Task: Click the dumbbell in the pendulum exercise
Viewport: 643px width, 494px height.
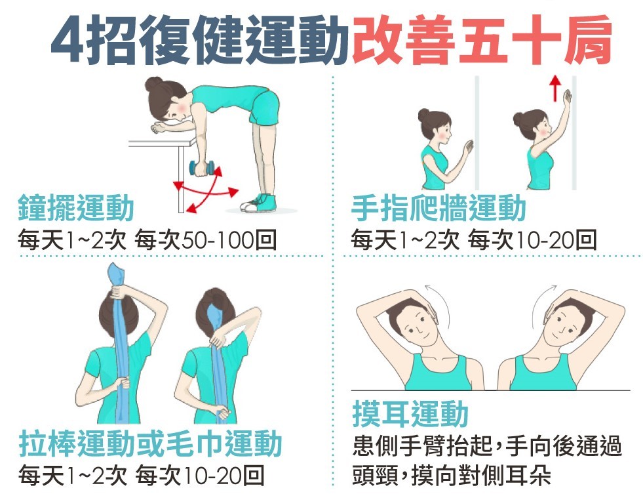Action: [x=203, y=169]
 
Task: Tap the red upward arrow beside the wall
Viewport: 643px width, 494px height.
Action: [x=555, y=89]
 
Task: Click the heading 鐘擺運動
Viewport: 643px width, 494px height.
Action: [x=76, y=209]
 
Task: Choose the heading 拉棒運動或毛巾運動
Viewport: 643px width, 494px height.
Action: [x=151, y=444]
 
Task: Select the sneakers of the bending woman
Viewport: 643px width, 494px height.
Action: [x=258, y=203]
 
